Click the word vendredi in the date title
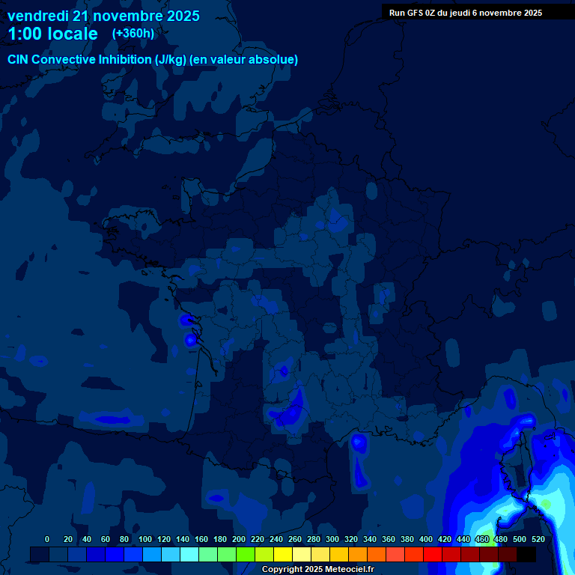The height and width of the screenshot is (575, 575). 37,16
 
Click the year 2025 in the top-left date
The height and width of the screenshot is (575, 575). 178,16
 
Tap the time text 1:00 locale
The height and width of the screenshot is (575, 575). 52,34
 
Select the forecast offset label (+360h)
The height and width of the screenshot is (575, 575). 133,34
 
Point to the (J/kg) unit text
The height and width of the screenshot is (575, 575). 172,60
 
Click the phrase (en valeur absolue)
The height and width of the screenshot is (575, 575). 244,60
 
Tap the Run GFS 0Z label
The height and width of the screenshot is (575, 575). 412,13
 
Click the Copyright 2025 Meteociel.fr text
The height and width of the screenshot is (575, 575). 317,570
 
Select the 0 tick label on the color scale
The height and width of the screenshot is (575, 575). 47,539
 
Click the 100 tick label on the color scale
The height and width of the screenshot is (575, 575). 144,539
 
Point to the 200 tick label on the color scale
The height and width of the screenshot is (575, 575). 239,539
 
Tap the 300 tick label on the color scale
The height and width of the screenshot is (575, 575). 332,539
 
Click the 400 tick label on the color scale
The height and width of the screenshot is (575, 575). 426,539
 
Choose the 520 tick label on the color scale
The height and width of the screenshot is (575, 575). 538,539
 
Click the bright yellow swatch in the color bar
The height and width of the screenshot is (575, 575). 283,554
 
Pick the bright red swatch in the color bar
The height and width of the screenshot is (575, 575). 433,554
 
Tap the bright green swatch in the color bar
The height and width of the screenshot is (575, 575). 246,554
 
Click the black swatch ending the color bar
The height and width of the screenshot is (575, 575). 526,554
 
